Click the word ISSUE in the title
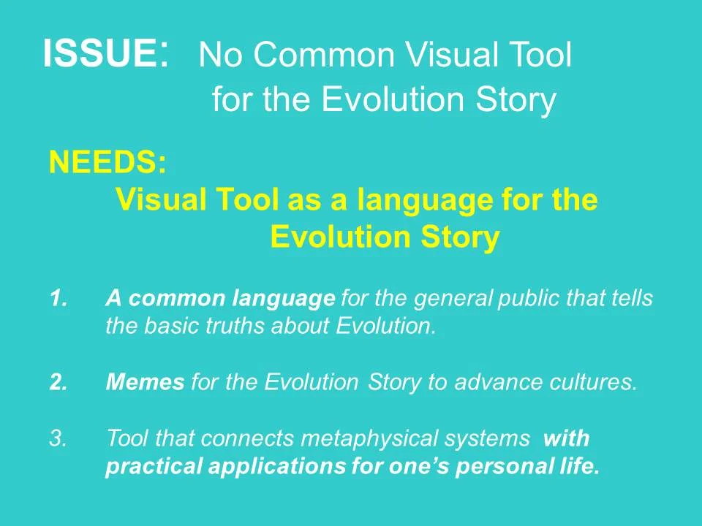(x=99, y=55)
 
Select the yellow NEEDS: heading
(x=107, y=162)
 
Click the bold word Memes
(x=145, y=383)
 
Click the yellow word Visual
(x=161, y=199)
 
